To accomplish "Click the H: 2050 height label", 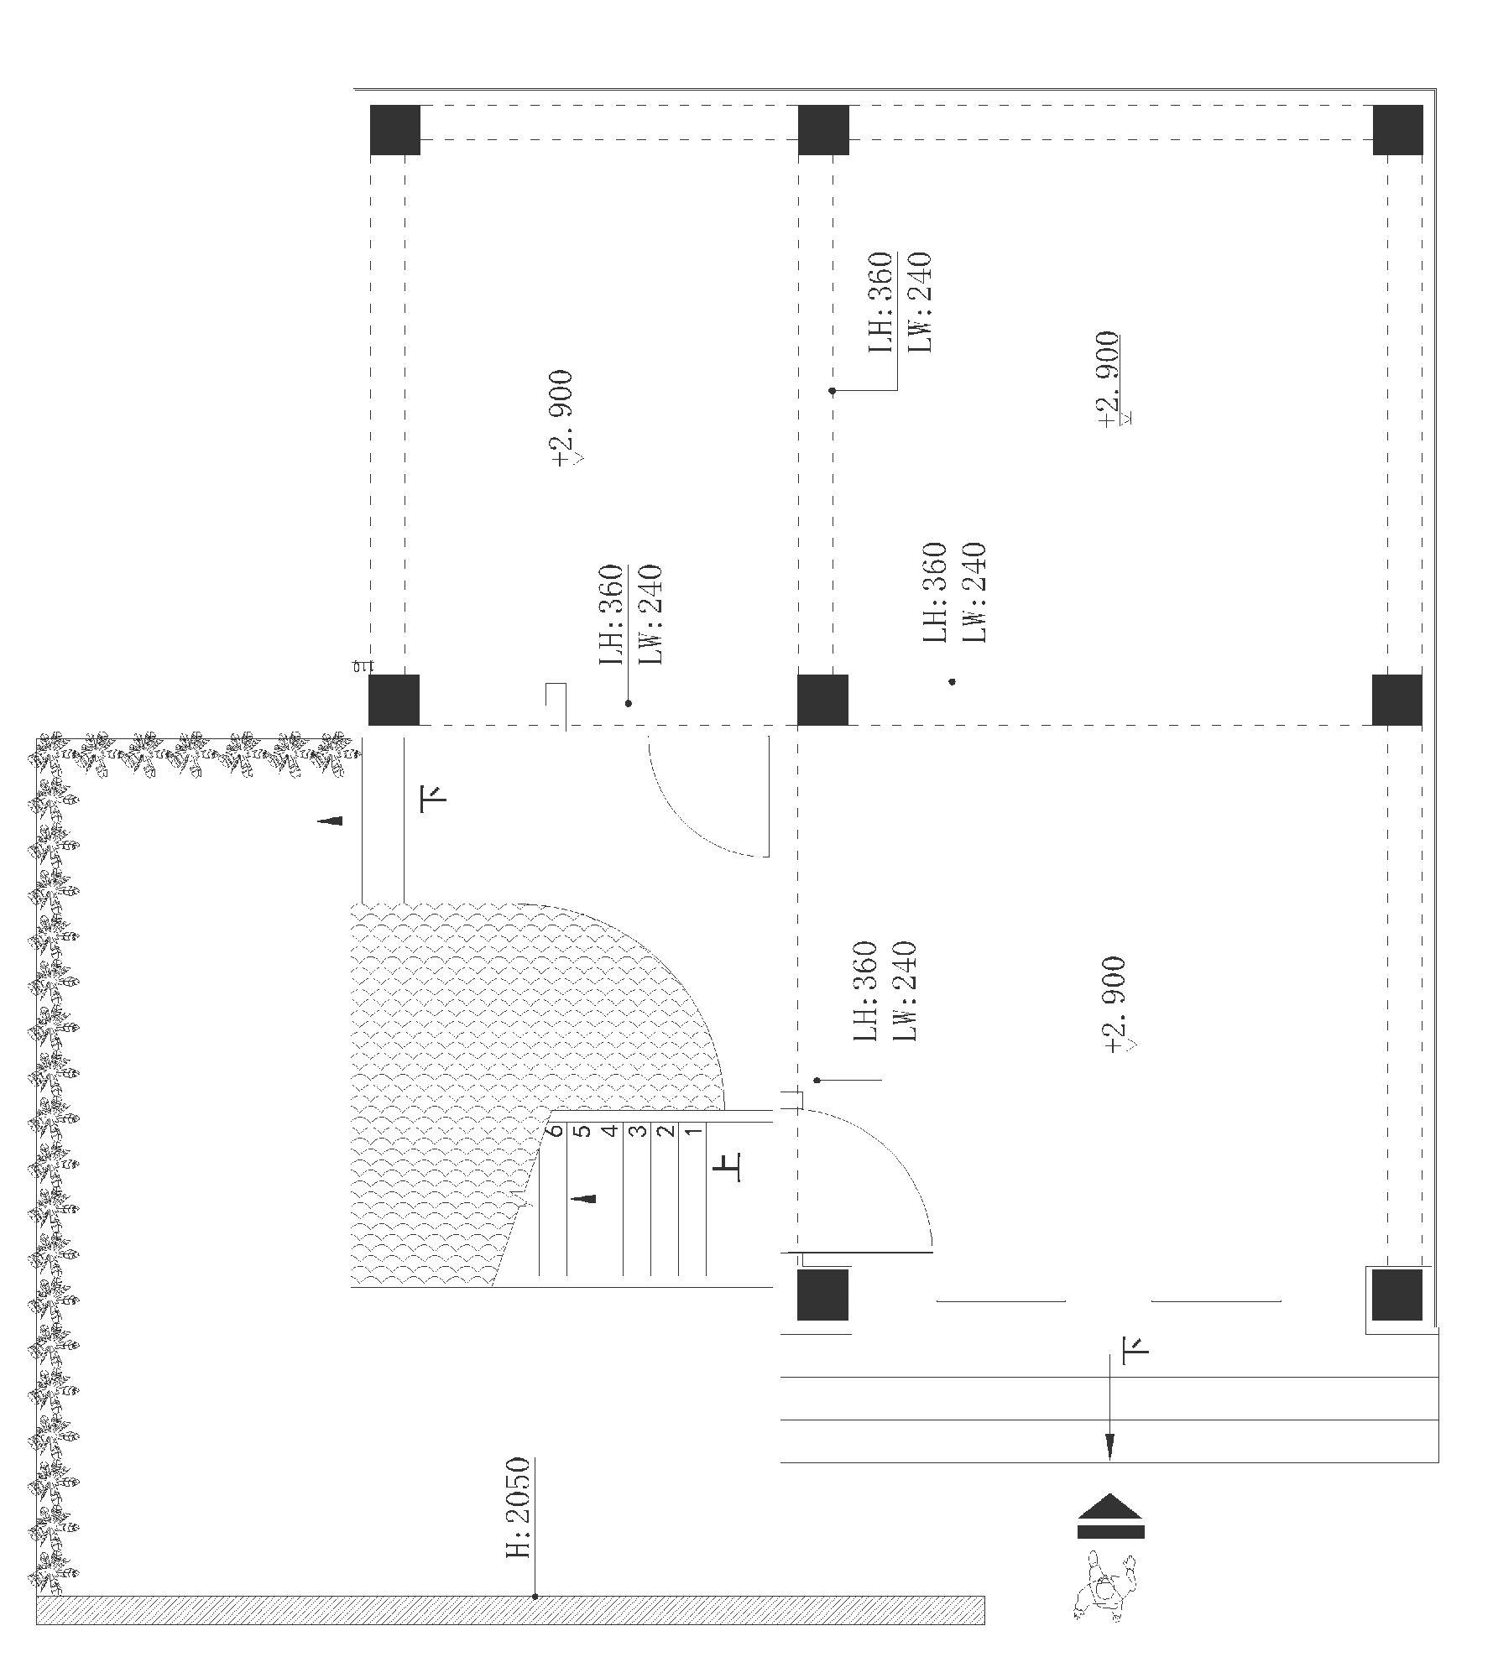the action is tap(518, 1509).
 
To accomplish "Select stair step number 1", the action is tap(693, 1131).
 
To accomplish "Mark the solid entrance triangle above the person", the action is tap(1110, 1506).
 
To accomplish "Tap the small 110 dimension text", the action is tap(362, 667).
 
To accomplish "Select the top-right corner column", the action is tap(1397, 130).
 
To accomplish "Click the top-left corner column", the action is tap(394, 130).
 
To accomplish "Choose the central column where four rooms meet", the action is tap(822, 699).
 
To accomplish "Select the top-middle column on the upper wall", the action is tap(823, 130).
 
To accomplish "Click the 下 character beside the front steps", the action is tap(1135, 1348).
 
